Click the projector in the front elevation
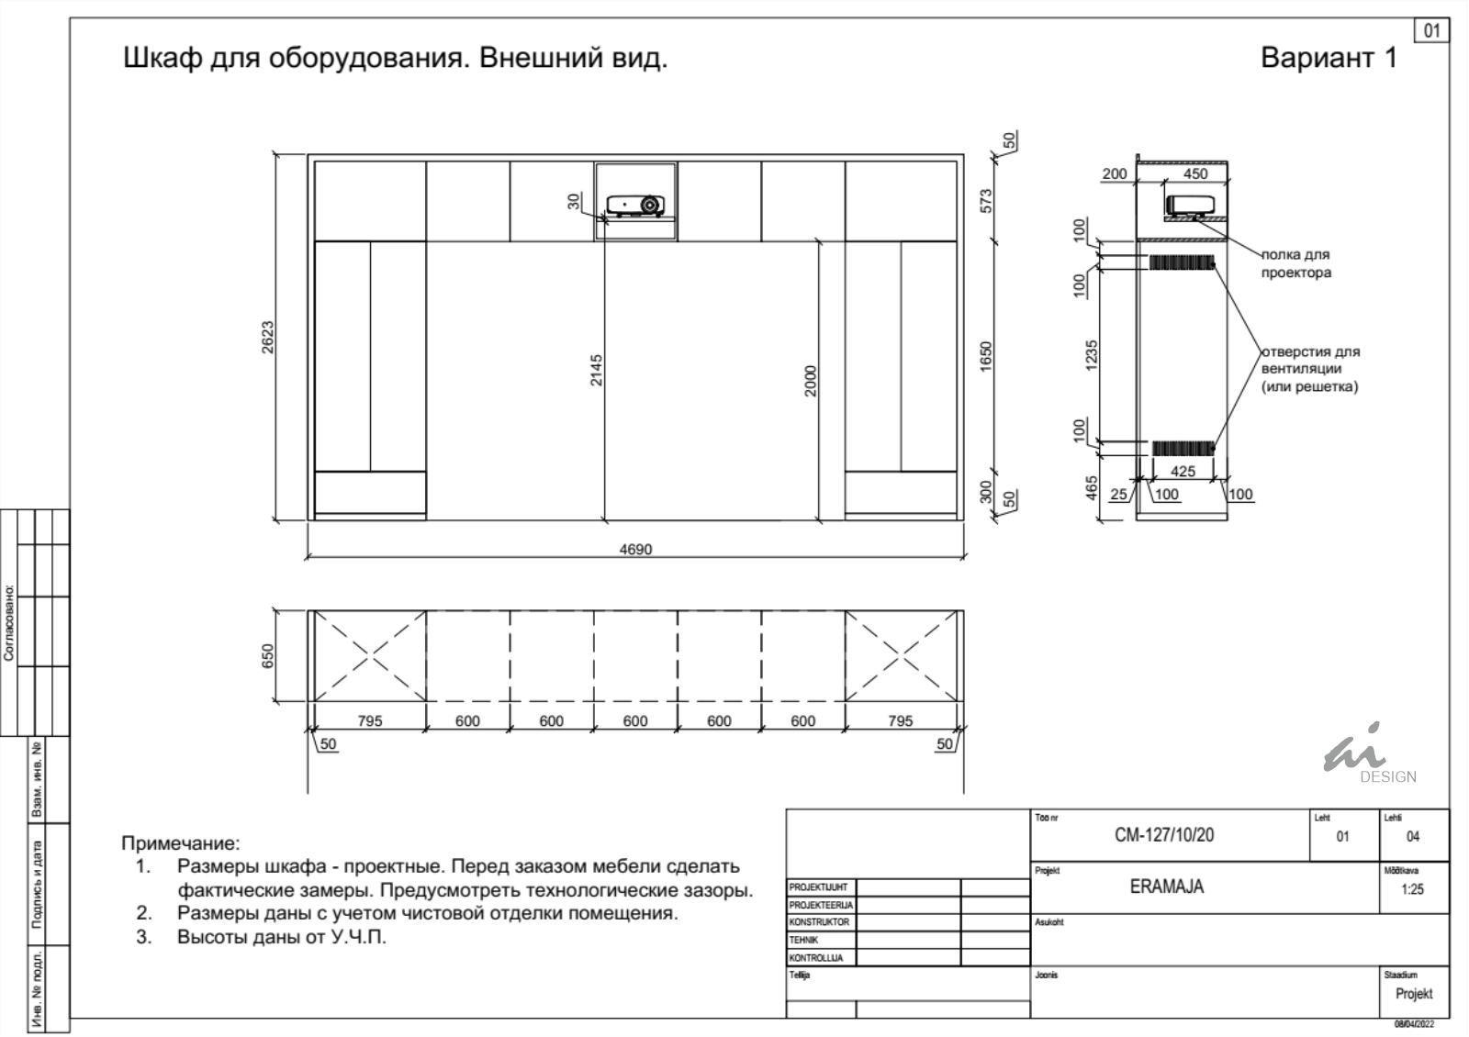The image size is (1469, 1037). pos(635,206)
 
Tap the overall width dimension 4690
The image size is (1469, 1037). pos(635,550)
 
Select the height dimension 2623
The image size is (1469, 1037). pos(267,337)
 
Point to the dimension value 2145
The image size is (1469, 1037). pos(596,371)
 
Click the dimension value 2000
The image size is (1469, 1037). pos(811,381)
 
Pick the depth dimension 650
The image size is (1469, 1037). pos(267,656)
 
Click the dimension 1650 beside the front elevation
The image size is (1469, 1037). pos(986,357)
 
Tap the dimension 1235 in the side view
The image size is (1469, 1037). pos(1092,355)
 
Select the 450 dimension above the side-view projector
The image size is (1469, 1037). pos(1194,173)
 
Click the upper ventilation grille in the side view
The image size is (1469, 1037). pos(1182,262)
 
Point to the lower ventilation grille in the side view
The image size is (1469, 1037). pos(1183,449)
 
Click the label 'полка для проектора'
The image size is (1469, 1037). pos(1295,263)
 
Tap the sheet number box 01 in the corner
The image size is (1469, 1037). pos(1431,31)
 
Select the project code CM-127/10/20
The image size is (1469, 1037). pos(1164,834)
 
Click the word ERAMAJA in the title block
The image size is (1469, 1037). pos(1167,886)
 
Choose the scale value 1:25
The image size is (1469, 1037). pos(1413,889)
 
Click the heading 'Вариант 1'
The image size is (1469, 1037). pos(1329,58)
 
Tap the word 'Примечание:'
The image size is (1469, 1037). pos(181,843)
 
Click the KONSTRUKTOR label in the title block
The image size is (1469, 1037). pos(819,921)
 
